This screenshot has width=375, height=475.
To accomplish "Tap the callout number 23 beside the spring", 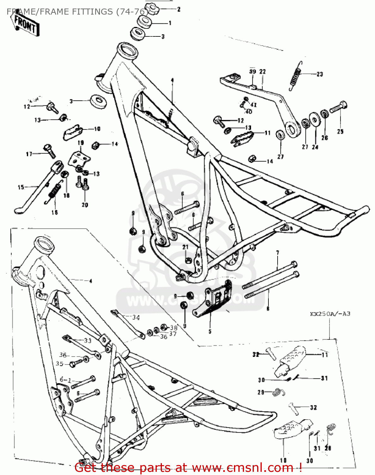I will (x=320, y=74).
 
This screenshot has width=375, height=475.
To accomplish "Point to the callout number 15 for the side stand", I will (x=21, y=187).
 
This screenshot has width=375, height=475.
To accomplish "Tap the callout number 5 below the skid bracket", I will (x=210, y=332).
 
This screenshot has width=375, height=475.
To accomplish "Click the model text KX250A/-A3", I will (x=330, y=314).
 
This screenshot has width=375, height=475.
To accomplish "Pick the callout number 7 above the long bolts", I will (x=278, y=253).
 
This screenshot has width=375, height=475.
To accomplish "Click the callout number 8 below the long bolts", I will (x=268, y=308).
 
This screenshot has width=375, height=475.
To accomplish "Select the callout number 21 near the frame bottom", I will (x=185, y=247).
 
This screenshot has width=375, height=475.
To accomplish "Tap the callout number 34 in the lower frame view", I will (x=136, y=317).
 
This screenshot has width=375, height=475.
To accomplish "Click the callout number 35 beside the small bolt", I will (x=59, y=364).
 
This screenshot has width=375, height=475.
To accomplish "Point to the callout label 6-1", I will (x=65, y=380).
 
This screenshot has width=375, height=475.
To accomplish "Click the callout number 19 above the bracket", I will (x=81, y=143).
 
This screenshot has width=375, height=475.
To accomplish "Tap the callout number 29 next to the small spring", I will (x=261, y=392).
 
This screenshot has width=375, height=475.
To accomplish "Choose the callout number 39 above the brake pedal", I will (x=252, y=72).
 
